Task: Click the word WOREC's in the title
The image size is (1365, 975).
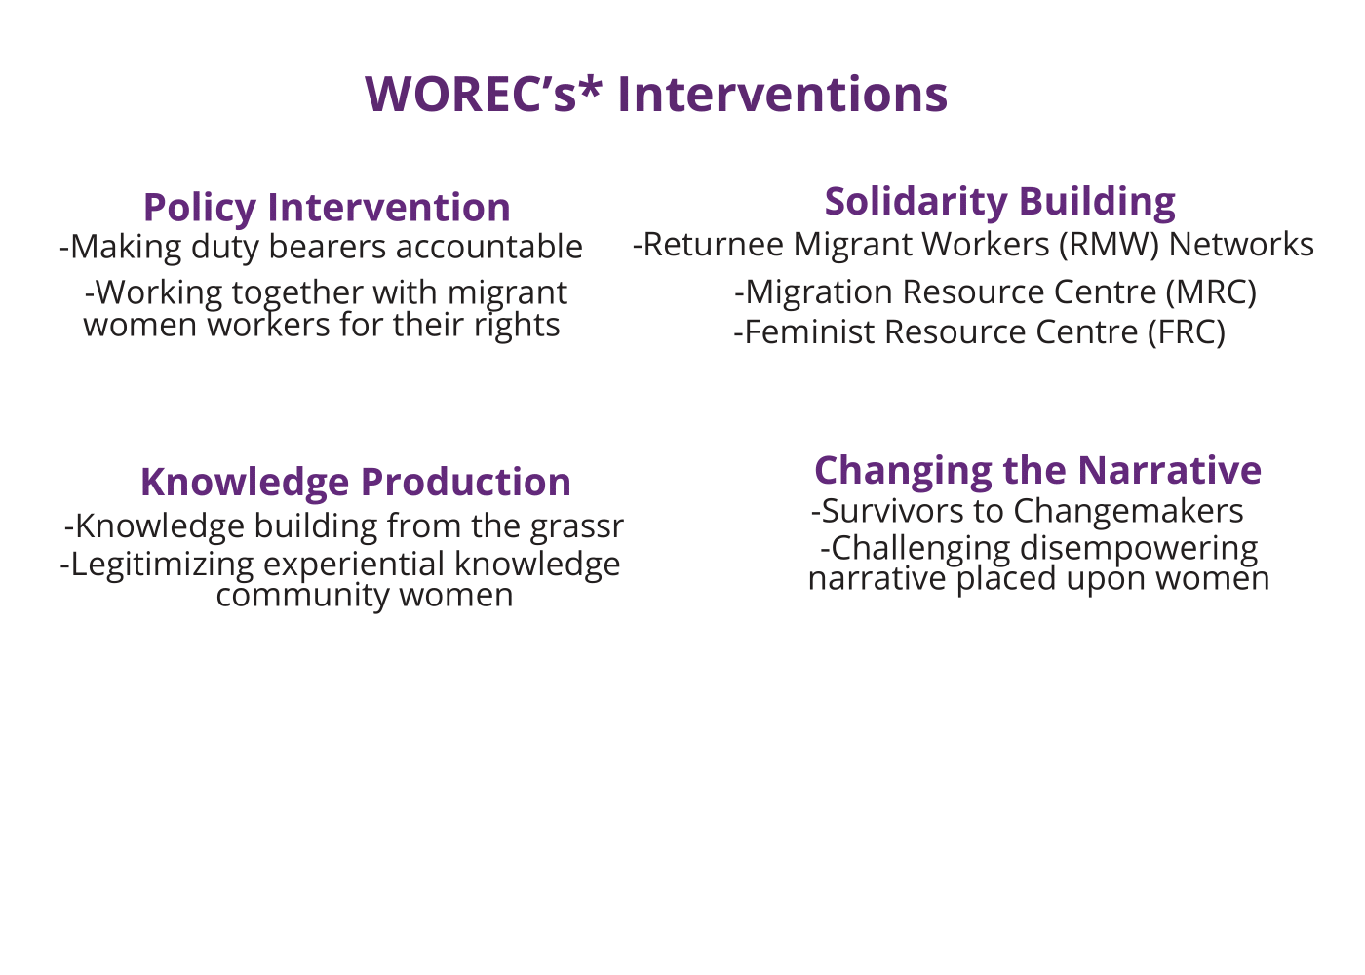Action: point(470,95)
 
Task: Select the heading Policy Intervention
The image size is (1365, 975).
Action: point(327,208)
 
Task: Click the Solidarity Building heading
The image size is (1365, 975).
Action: point(1000,202)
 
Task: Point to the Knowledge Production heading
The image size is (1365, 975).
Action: point(356,483)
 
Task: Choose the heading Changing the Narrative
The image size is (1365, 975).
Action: point(1037,470)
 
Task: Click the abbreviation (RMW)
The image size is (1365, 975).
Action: point(1110,245)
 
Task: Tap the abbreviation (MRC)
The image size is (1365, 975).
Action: point(1211,292)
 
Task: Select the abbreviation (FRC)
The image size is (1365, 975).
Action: point(1187,332)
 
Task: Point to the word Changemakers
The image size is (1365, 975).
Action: point(1129,511)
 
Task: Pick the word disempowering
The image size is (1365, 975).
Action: point(1139,549)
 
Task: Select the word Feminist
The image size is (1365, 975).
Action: point(810,332)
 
